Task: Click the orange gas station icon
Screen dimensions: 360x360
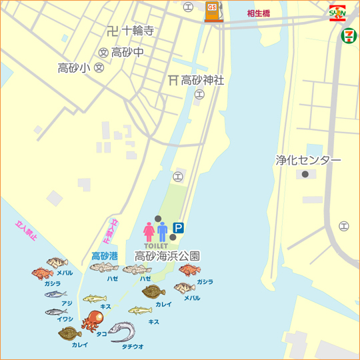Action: tap(213, 11)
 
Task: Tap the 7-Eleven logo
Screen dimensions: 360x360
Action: tap(348, 35)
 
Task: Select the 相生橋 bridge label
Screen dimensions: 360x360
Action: tap(258, 13)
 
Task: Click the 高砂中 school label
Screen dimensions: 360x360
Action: tap(127, 52)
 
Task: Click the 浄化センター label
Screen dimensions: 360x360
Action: tap(308, 161)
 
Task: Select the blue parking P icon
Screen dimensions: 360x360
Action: tap(179, 227)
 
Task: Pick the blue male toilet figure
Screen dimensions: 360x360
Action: tap(162, 231)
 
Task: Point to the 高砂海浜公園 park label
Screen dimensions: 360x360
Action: tap(167, 255)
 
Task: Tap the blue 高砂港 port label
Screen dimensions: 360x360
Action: tap(105, 255)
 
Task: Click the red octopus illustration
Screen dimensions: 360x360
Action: tap(90, 322)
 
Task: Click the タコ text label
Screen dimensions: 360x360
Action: tap(101, 333)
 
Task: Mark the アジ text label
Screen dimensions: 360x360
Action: tap(67, 303)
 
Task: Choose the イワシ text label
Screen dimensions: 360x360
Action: tap(65, 319)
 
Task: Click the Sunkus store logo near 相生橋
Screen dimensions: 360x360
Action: tap(337, 13)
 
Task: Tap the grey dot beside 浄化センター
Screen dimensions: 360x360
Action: tap(305, 174)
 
